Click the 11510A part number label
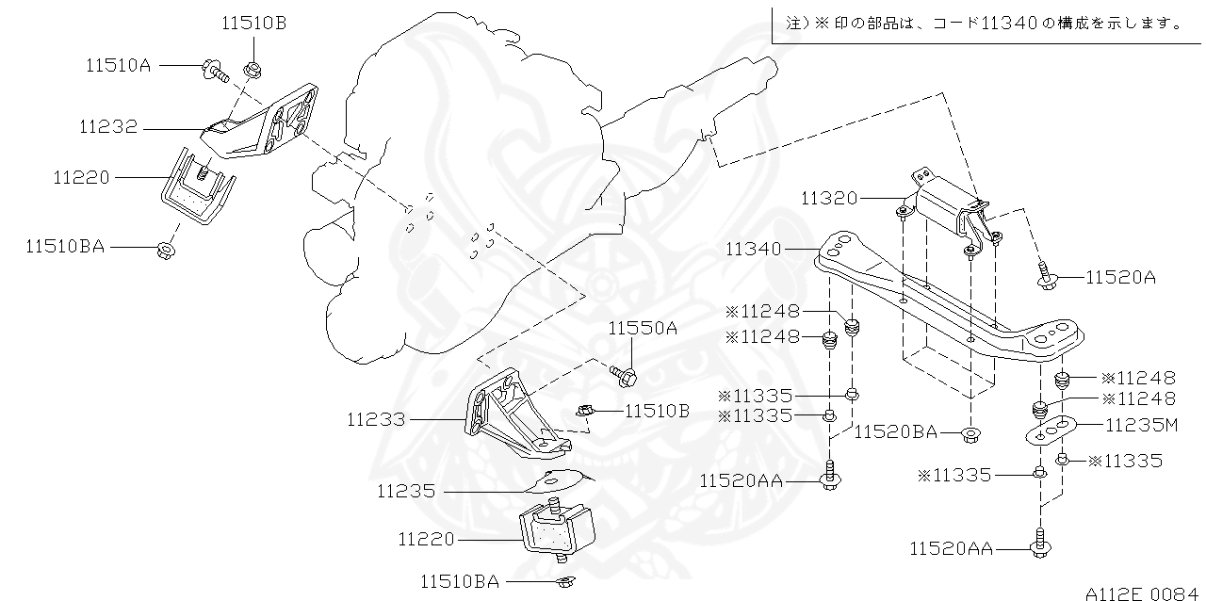[x=119, y=65]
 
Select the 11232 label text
[x=108, y=127]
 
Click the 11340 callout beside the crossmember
[x=754, y=249]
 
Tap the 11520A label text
[x=1120, y=277]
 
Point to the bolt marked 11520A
[x=1046, y=274]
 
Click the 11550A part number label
[x=643, y=328]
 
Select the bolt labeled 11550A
[x=625, y=375]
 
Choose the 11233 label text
[x=376, y=419]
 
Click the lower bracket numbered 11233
[x=509, y=414]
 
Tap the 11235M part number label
[x=1141, y=425]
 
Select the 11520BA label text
[x=896, y=432]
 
